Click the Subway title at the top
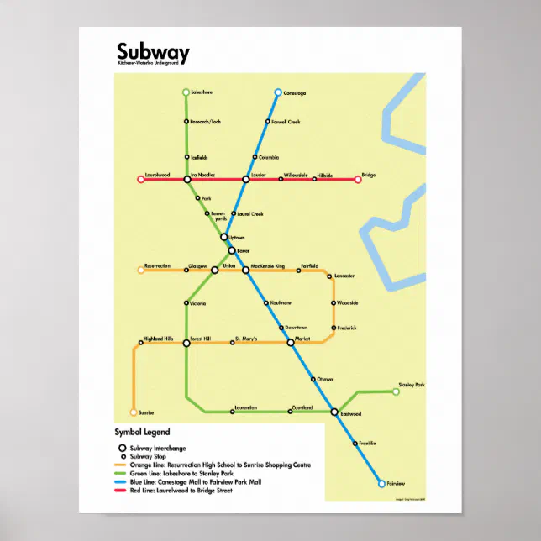[153, 53]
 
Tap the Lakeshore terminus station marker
[186, 92]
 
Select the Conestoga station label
[296, 92]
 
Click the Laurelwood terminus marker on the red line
[141, 179]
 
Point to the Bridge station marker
[358, 179]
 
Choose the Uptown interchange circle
[224, 238]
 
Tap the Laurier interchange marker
[246, 179]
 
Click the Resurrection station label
[157, 265]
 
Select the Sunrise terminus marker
[133, 412]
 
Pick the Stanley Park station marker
[396, 391]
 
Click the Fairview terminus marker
[381, 484]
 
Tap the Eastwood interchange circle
[334, 412]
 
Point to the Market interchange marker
[291, 342]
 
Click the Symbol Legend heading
[142, 433]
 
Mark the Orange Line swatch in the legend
[122, 465]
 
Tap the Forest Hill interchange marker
[186, 342]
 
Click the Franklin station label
[367, 442]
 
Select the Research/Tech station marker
[186, 122]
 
